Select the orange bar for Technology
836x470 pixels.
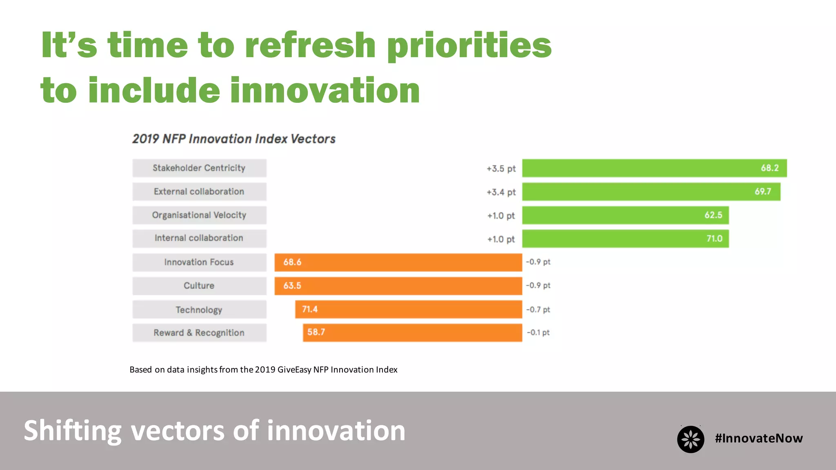(408, 309)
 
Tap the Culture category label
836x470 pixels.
(199, 286)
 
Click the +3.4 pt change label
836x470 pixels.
(501, 192)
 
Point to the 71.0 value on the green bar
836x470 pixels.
(714, 239)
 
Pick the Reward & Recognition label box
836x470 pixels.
(199, 333)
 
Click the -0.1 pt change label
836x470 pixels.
(538, 333)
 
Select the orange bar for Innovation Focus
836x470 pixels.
(398, 262)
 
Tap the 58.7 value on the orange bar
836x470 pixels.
(316, 332)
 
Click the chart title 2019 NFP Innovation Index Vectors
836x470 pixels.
(233, 139)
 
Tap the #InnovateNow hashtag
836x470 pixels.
(758, 438)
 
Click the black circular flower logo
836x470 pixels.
(690, 439)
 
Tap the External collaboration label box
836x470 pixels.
(199, 192)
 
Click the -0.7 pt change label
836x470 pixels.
(538, 309)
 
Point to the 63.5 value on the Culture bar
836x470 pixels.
(292, 286)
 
